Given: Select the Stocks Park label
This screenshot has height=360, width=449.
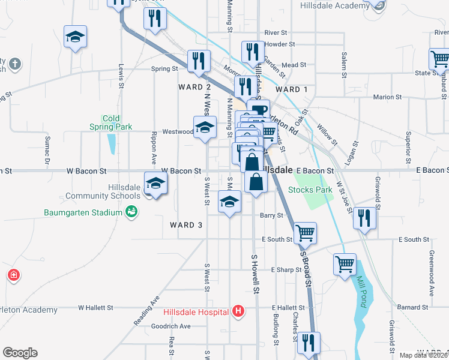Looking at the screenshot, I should (310, 190).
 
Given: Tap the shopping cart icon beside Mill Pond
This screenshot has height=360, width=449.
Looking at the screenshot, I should (345, 263).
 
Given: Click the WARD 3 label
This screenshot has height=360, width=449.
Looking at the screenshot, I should (186, 225).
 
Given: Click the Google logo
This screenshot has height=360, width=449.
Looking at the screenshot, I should (20, 353).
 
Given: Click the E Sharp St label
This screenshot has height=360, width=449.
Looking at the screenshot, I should (286, 270).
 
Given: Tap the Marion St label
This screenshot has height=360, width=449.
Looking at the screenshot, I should (387, 97).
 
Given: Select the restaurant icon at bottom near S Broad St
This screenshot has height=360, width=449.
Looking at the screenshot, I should (309, 342).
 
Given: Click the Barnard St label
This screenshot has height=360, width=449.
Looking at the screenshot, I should (411, 307).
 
